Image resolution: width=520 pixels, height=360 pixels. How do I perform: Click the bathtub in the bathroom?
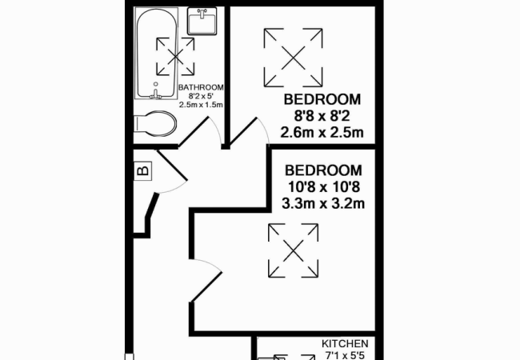coord(156,53)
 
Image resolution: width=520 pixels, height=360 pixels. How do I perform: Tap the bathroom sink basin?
coord(202,21)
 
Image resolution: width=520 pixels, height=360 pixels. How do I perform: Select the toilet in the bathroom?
coord(155,124)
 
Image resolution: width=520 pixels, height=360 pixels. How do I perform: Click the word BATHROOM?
coord(201,87)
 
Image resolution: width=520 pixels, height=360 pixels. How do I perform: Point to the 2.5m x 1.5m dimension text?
coord(201,105)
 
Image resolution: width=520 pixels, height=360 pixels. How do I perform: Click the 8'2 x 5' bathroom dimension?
coord(201,96)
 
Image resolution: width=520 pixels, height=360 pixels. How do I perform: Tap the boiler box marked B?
coord(143,171)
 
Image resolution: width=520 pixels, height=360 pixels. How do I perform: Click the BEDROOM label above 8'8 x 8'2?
coord(322,99)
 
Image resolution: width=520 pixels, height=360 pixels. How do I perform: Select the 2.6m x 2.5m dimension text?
coord(322,132)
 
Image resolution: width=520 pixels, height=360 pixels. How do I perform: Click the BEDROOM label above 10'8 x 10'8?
coord(323,170)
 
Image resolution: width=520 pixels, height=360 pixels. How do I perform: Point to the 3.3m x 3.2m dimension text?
coord(323,203)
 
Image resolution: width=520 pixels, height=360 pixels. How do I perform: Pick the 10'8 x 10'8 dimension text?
coord(323,187)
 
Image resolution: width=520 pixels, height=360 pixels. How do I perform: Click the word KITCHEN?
coord(345,344)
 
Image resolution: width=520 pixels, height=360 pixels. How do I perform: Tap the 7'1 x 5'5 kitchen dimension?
coord(345,356)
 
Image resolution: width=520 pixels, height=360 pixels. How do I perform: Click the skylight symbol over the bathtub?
coord(175,57)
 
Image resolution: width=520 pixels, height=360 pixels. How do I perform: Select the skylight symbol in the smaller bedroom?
coord(293,58)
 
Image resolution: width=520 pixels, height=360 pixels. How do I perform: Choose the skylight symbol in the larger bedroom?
coord(293,250)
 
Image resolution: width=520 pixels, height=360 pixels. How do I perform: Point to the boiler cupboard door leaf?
coord(172,165)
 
